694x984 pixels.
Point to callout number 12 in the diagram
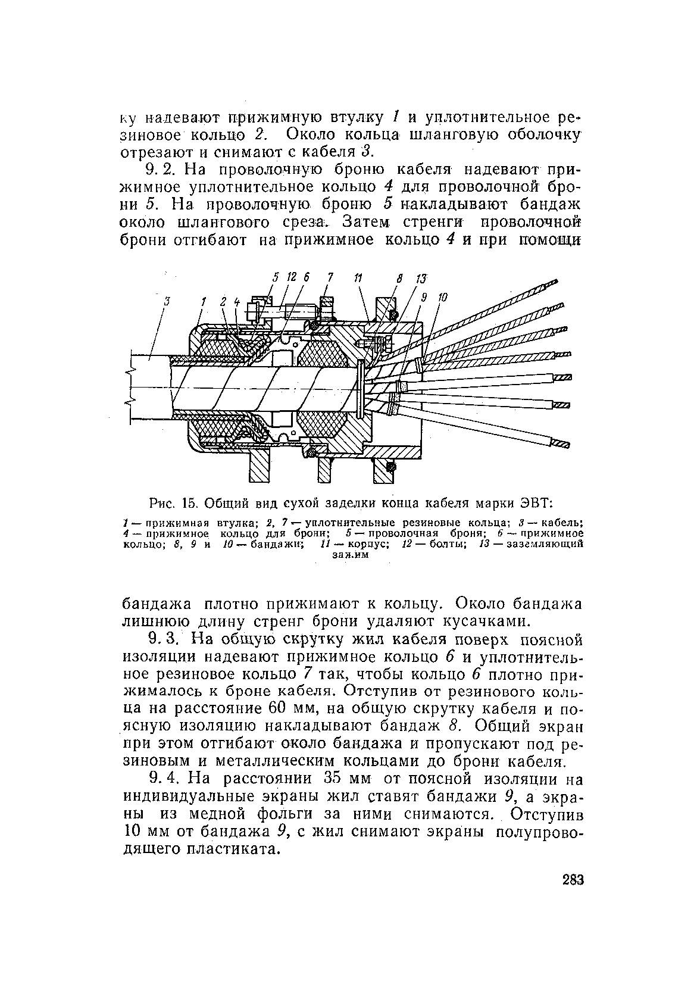point(291,277)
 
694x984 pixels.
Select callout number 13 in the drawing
point(421,279)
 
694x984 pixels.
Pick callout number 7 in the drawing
point(330,277)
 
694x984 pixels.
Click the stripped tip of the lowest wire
point(562,444)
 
